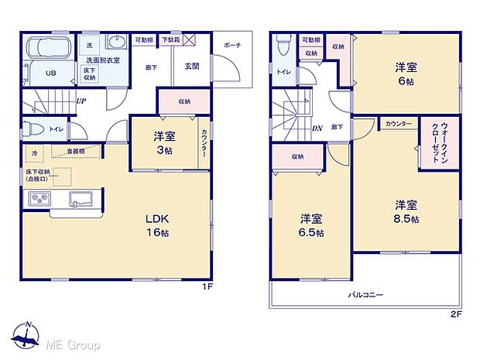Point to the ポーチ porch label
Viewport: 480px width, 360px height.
coord(232,45)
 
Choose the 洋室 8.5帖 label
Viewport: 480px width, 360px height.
coord(406,211)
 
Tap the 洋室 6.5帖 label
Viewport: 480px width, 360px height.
coord(312,225)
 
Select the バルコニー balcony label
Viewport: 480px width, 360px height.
coord(366,294)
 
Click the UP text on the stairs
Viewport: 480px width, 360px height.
coord(81,101)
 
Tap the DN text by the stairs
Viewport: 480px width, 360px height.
coord(317,129)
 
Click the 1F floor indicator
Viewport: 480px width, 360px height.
coord(207,287)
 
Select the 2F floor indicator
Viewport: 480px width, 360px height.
coord(456,315)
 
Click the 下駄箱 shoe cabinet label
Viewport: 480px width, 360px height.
coord(171,39)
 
